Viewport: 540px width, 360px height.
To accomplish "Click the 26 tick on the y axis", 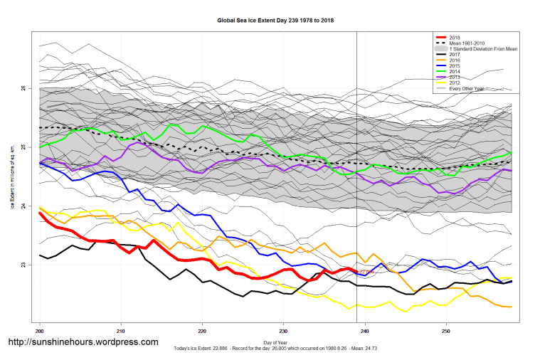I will click(x=25, y=88).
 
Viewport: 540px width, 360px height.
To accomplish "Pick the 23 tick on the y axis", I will click(x=25, y=265).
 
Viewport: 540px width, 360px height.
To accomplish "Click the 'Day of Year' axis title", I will click(x=278, y=344).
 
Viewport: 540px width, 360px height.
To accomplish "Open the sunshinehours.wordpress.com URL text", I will click(x=83, y=342).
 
